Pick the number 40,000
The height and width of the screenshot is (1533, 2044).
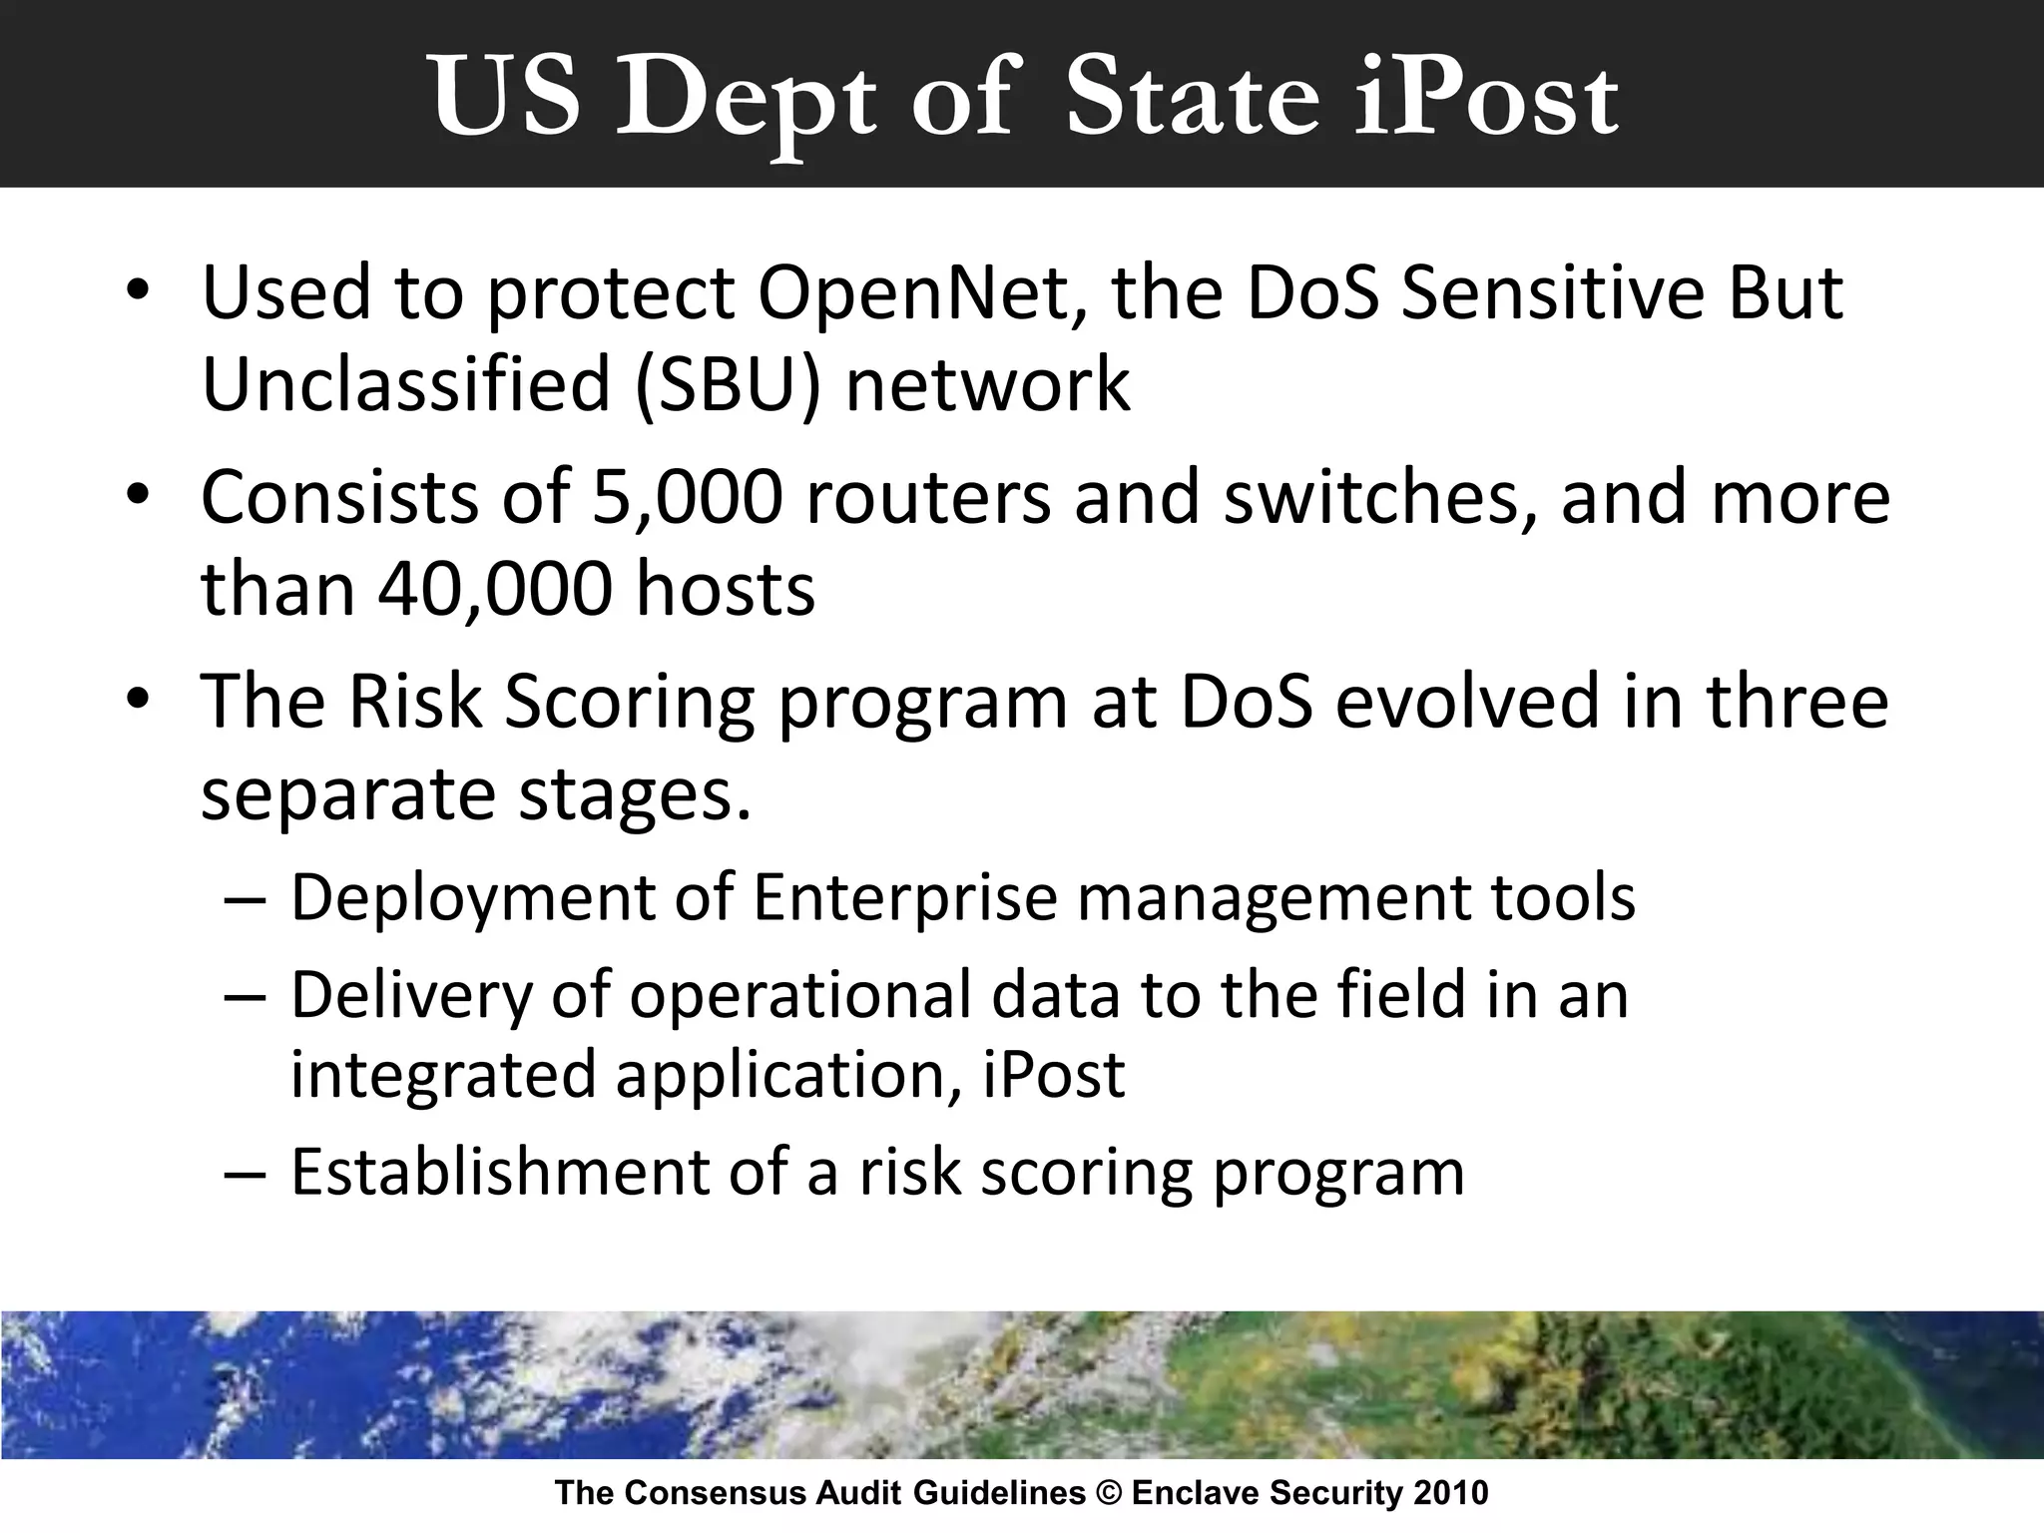coord(494,589)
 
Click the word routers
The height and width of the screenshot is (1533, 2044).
coord(927,497)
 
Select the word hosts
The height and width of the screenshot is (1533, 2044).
coord(726,589)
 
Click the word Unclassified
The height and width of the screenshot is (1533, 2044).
coord(405,385)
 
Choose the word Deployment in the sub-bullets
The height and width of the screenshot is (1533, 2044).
coord(471,897)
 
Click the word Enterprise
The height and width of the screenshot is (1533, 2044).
coord(904,897)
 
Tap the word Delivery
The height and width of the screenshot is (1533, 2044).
coord(411,995)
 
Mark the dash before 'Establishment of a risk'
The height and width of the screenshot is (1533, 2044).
coord(246,1173)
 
